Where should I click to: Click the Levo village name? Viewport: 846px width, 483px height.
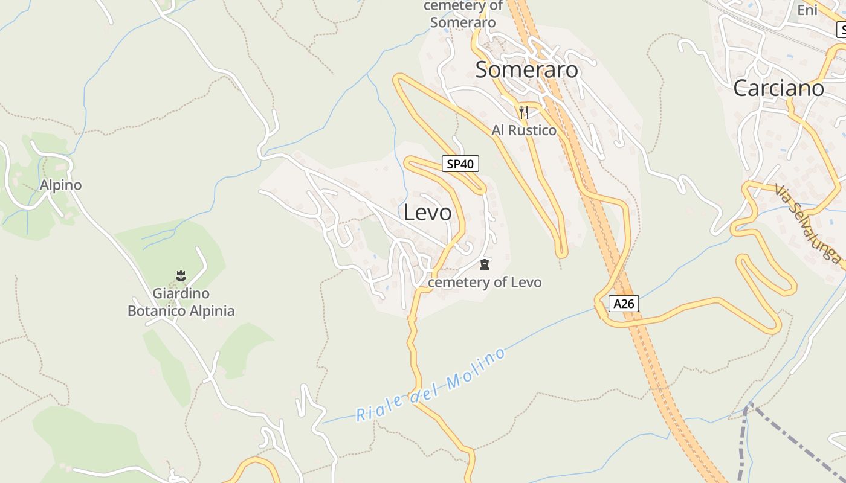427,213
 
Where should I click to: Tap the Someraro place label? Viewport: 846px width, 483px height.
526,70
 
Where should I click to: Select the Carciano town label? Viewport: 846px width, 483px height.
778,88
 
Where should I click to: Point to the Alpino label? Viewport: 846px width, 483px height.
60,185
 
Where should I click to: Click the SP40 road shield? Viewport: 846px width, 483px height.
460,164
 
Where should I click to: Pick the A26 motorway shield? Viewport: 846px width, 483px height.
624,303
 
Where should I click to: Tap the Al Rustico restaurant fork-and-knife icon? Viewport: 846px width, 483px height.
524,112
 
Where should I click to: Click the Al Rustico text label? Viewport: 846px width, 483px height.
524,130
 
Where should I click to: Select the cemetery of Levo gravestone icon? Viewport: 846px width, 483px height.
484,264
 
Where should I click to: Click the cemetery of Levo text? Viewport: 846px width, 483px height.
485,282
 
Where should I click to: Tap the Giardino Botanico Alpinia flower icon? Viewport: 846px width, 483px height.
181,276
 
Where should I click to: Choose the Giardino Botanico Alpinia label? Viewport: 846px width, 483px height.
181,302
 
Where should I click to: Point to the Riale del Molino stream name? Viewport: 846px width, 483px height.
430,385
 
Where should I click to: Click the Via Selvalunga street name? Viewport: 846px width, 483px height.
807,223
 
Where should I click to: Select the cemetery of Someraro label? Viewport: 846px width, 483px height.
463,14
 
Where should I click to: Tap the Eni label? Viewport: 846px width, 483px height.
807,10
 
